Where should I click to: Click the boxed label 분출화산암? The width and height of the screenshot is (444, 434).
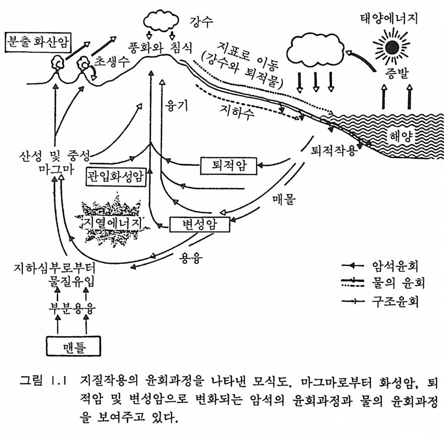click(x=37, y=43)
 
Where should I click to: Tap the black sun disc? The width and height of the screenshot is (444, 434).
click(x=393, y=47)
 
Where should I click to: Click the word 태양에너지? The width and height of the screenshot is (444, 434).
click(x=393, y=19)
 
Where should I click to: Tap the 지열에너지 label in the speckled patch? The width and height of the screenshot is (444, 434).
click(x=113, y=222)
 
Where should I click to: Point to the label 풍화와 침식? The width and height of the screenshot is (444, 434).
click(x=158, y=48)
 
